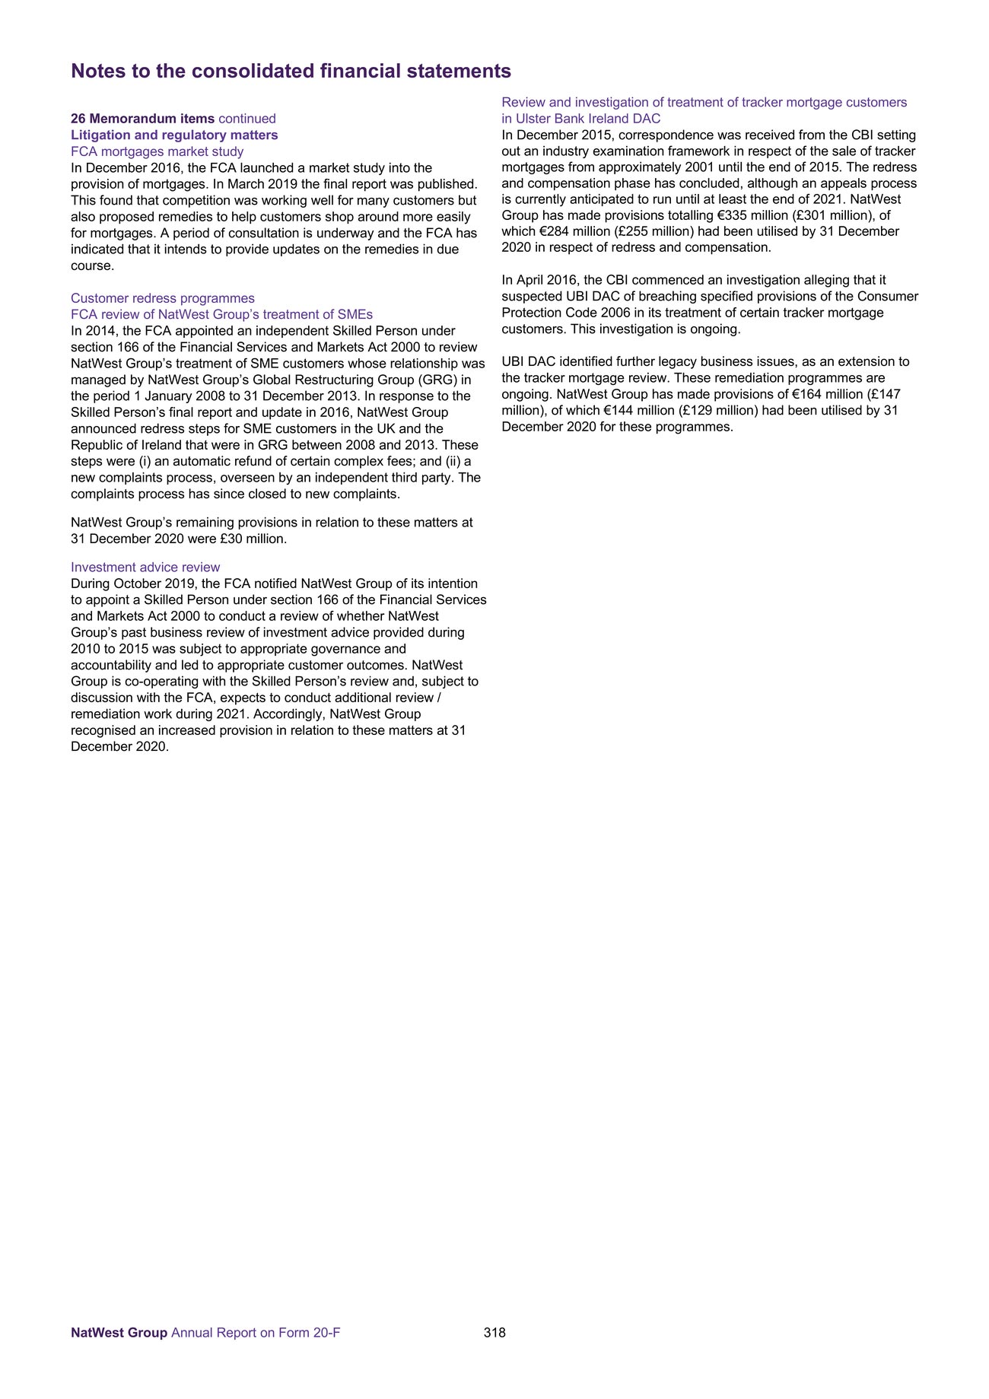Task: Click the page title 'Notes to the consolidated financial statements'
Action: coord(291,72)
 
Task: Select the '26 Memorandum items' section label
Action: coord(142,119)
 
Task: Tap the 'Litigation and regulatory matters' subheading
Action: coord(174,135)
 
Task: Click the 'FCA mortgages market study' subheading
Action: coord(157,151)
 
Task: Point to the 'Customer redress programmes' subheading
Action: coord(163,298)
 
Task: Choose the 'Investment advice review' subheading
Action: coord(145,568)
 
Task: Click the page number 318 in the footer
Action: coord(494,1333)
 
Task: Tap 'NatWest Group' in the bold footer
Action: coord(119,1333)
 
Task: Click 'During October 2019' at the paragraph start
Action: coord(129,584)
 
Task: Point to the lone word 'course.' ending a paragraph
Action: coord(92,266)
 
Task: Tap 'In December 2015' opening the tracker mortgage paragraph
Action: coord(553,135)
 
